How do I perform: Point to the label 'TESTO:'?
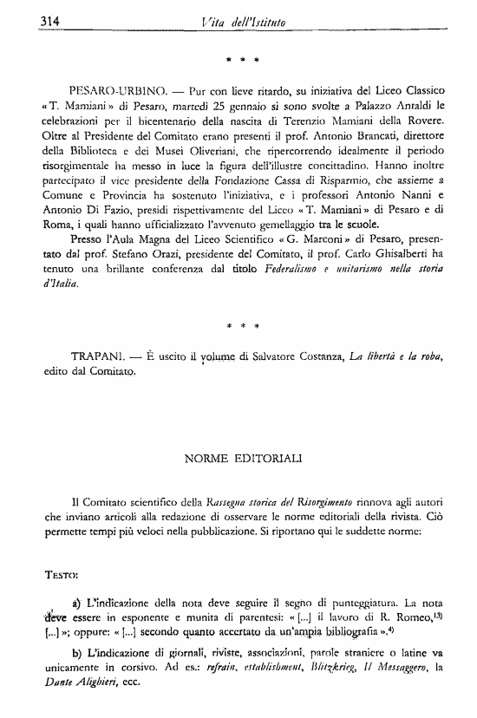(62, 575)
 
